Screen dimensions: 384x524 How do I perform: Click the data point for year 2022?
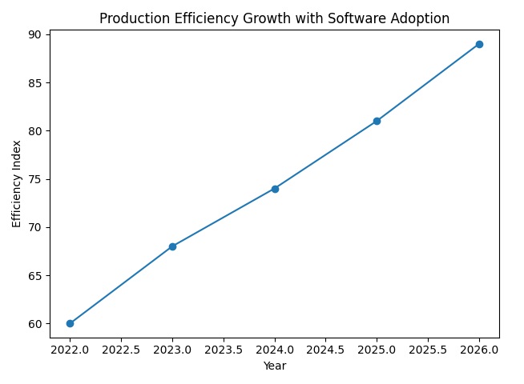[70, 323]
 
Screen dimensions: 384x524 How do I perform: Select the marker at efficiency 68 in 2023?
[172, 246]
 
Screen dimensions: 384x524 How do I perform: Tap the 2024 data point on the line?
[275, 189]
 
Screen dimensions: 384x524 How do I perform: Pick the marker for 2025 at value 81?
[377, 121]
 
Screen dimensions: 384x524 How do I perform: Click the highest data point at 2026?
[479, 44]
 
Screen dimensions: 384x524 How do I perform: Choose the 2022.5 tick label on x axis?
[121, 350]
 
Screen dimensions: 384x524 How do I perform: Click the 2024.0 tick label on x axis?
[275, 350]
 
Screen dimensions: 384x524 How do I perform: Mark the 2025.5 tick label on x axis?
[428, 350]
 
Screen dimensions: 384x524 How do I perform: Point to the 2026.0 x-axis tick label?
[479, 350]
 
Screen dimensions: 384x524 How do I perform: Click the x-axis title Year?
[275, 366]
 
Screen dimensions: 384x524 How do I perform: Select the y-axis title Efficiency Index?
[16, 183]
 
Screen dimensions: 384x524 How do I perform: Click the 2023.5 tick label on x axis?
[224, 350]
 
